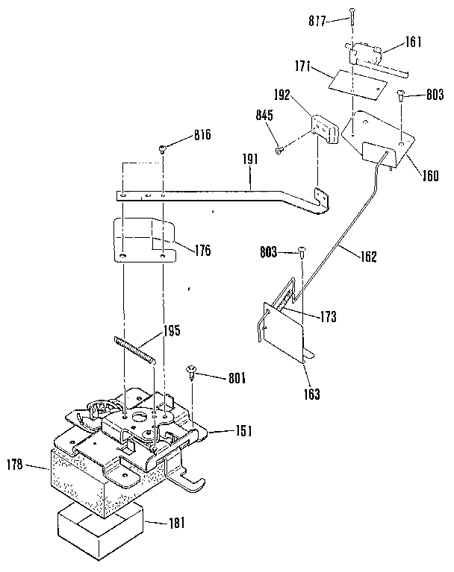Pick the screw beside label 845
pos(279,150)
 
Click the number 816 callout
pos(202,136)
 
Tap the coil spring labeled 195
pos(135,351)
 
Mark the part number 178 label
pos(16,465)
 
